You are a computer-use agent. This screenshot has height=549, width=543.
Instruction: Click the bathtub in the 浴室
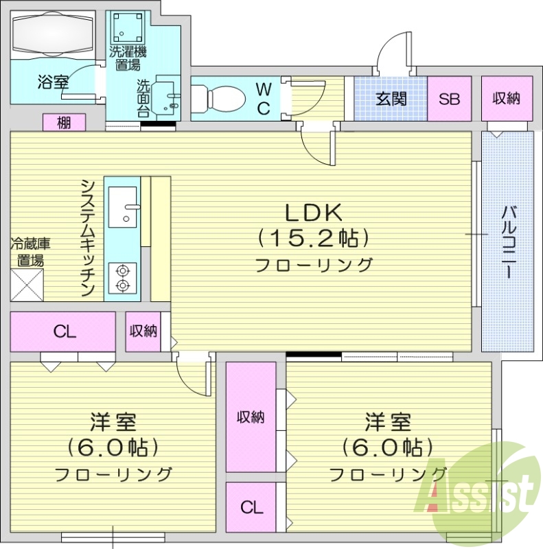(53, 32)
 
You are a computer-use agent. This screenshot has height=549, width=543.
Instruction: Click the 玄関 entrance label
(391, 98)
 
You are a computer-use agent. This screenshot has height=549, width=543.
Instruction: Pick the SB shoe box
(450, 98)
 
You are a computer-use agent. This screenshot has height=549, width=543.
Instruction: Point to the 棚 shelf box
(64, 123)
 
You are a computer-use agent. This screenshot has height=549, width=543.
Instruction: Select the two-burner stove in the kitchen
(123, 277)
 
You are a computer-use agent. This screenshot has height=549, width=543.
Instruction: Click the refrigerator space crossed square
(27, 285)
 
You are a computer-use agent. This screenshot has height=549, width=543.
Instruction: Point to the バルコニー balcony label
(509, 240)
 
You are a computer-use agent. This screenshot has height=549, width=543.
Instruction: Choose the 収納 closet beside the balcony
(506, 98)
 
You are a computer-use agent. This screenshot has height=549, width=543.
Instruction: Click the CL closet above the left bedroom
(64, 332)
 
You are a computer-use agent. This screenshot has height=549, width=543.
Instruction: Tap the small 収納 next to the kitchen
(143, 331)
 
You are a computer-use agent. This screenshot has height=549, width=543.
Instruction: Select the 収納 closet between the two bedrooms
(251, 417)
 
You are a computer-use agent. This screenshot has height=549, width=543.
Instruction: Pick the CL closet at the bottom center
(251, 508)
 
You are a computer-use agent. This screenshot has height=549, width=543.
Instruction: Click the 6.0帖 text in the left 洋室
(114, 447)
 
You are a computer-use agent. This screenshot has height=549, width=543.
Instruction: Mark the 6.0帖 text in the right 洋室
(388, 447)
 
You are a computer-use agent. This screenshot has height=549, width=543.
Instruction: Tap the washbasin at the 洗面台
(167, 95)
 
